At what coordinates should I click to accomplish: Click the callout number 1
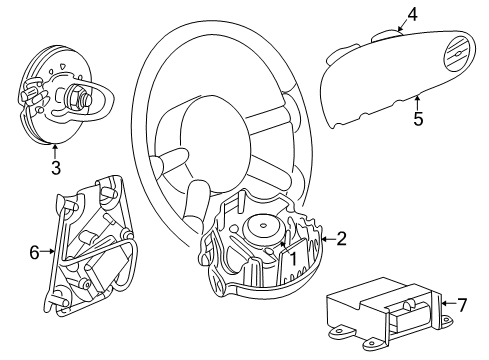(293, 257)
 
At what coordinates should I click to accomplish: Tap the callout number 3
(55, 165)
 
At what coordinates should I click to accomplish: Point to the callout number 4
(411, 14)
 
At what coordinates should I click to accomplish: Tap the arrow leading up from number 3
(55, 150)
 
